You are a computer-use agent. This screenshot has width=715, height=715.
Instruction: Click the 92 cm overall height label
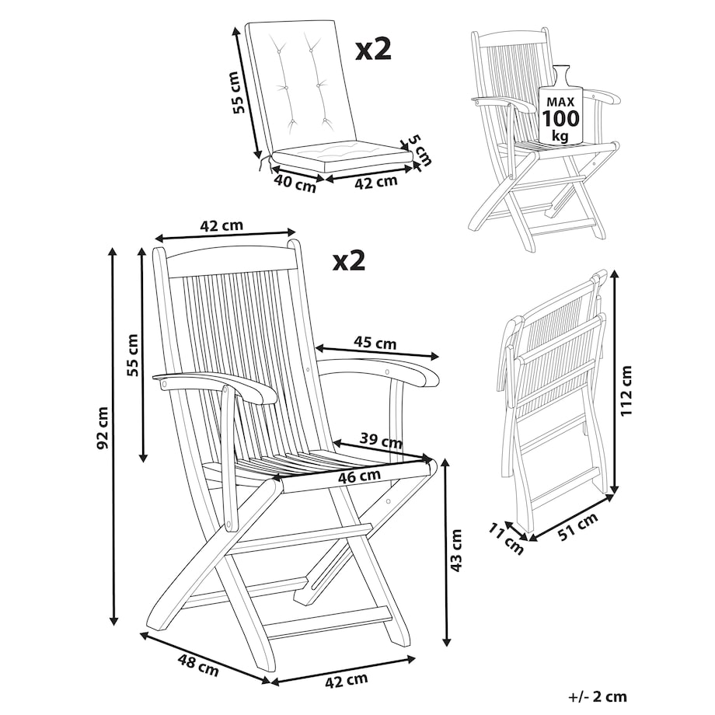[103, 427]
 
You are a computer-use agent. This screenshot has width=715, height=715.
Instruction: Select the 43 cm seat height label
[456, 550]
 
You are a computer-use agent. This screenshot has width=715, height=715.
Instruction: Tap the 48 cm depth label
[199, 665]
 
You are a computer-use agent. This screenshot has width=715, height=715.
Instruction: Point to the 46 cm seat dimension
[359, 476]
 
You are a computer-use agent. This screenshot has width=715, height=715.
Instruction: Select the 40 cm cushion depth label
[295, 183]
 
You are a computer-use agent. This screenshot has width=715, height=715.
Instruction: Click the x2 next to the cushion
[374, 50]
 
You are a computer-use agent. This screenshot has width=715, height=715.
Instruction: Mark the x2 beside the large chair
[349, 260]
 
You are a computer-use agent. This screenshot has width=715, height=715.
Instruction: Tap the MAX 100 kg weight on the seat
[561, 117]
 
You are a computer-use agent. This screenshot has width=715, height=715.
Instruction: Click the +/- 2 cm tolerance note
[598, 696]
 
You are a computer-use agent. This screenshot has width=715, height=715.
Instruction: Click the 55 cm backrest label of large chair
[132, 354]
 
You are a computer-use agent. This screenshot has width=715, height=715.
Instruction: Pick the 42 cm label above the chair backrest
[221, 225]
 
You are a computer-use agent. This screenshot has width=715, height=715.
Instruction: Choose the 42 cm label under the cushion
[376, 182]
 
